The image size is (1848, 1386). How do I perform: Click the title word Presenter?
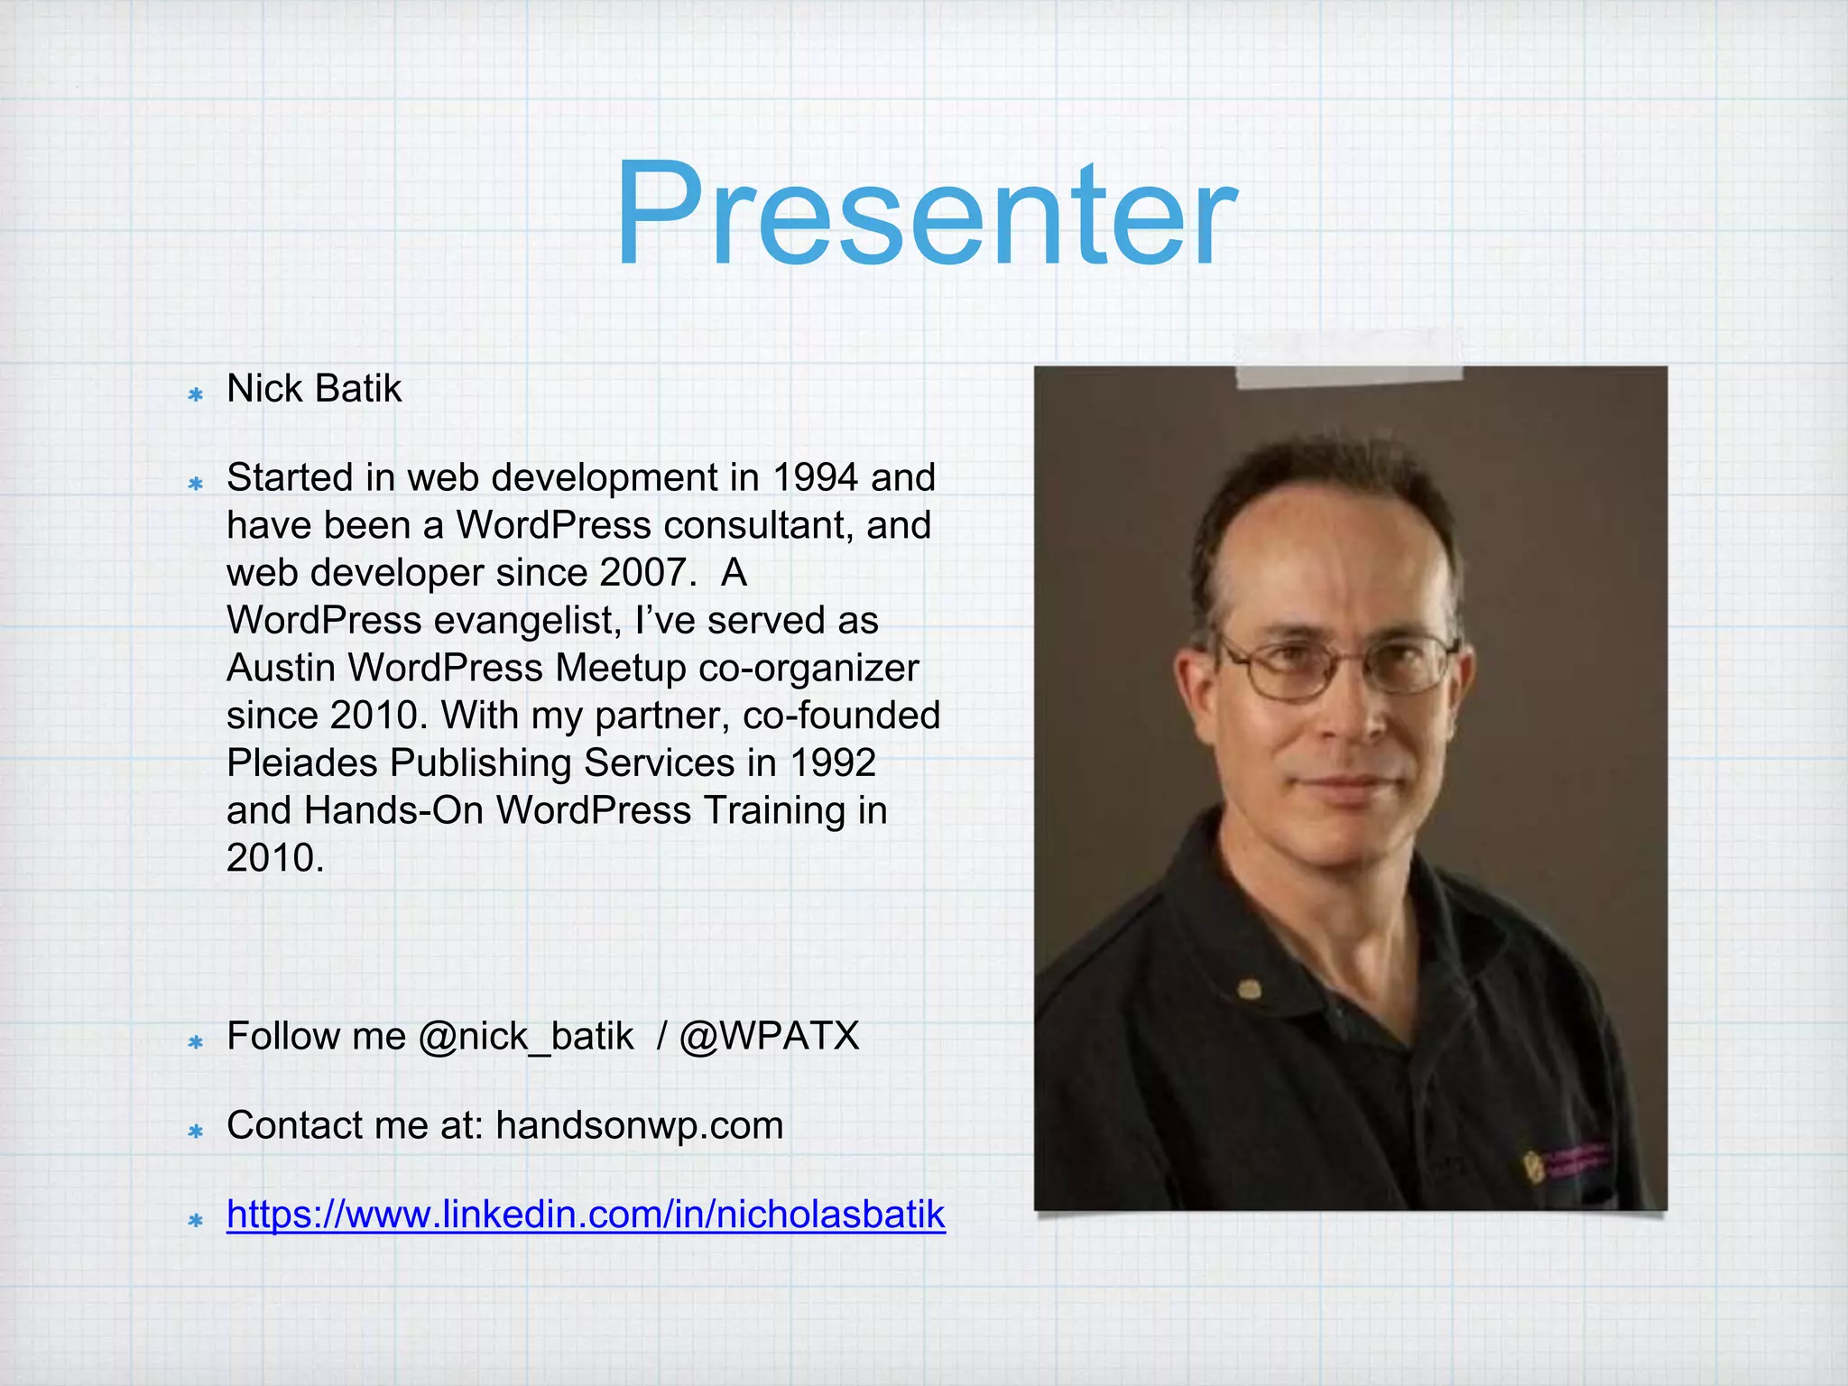[925, 217]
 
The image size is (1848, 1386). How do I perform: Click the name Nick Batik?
[313, 389]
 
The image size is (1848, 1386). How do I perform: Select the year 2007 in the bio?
[648, 573]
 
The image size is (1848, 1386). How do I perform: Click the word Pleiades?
[301, 763]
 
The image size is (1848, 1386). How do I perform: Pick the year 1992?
[832, 763]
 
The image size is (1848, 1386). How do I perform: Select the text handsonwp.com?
[639, 1126]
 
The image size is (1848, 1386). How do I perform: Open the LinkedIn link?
[585, 1215]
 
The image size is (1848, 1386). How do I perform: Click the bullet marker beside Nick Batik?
[195, 394]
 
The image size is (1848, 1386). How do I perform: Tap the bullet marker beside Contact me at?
[195, 1132]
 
